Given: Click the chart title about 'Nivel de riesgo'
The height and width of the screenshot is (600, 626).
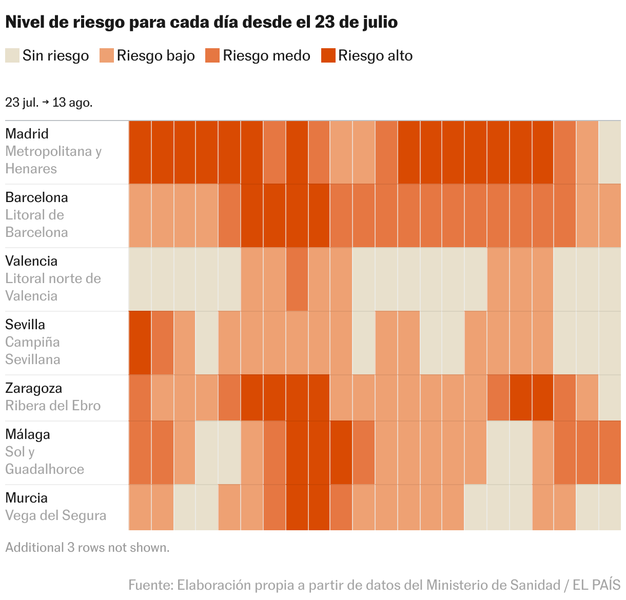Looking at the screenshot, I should click(x=201, y=23).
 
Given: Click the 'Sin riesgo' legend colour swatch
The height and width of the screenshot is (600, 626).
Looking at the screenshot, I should click(x=12, y=55).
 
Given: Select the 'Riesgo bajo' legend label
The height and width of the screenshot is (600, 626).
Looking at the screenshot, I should click(x=155, y=55).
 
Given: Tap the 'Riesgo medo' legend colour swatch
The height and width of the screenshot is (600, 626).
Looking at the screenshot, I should click(x=212, y=55).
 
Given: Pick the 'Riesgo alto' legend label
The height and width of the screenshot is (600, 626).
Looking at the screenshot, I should click(x=375, y=55).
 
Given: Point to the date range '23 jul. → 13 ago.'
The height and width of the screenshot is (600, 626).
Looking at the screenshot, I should click(x=49, y=102).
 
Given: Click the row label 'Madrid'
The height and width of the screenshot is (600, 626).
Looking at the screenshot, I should click(x=27, y=134).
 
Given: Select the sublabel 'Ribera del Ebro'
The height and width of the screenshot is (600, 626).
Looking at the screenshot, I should click(x=53, y=406).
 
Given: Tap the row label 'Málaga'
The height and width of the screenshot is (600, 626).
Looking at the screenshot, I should click(x=28, y=434).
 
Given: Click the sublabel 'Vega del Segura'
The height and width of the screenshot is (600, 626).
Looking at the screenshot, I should click(x=56, y=515).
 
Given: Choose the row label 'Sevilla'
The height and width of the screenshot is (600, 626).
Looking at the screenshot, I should click(x=25, y=325).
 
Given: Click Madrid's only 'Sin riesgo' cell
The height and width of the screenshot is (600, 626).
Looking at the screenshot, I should click(x=610, y=152).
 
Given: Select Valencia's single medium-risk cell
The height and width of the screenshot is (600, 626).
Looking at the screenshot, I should click(x=297, y=279).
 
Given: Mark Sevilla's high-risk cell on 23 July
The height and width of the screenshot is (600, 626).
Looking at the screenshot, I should click(x=140, y=343).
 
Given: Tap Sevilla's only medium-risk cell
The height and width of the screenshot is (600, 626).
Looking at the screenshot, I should click(x=162, y=343).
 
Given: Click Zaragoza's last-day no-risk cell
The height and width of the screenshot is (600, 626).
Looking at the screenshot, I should click(x=610, y=398).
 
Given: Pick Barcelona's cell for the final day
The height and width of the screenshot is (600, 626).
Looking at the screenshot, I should click(x=610, y=216).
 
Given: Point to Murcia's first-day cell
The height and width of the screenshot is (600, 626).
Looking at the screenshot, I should click(x=140, y=508).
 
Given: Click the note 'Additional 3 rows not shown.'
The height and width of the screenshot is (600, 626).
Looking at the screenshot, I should click(x=87, y=548).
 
